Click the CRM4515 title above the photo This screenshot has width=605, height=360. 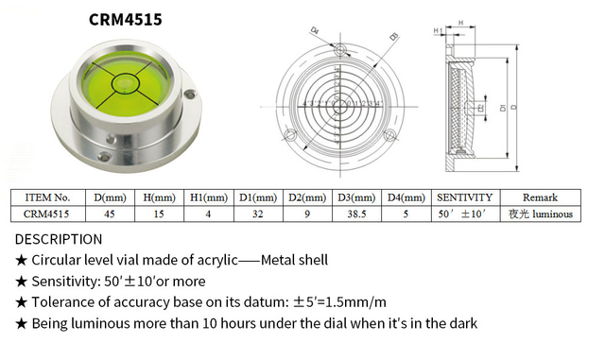click(x=119, y=18)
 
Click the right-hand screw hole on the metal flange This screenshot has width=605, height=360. click(x=191, y=95)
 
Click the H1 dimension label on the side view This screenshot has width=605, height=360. click(x=437, y=31)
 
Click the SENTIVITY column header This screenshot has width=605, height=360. click(x=464, y=197)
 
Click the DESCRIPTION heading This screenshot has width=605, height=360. click(x=59, y=239)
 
